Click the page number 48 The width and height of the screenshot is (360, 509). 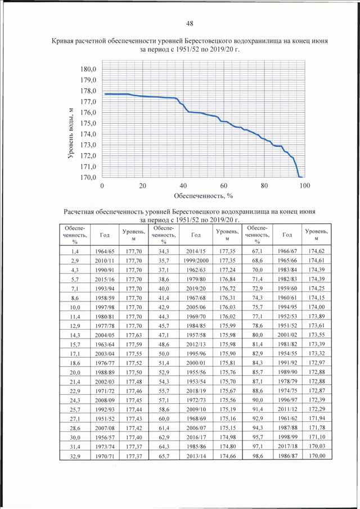(x=190, y=24)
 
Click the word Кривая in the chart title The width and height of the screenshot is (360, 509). (x=62, y=41)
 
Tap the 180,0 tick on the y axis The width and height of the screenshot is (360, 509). (x=88, y=69)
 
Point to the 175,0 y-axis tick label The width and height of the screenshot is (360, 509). (x=88, y=123)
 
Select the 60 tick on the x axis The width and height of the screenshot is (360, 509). (x=223, y=186)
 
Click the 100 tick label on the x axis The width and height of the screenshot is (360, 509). (x=304, y=186)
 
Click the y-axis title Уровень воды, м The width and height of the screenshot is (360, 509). (x=70, y=133)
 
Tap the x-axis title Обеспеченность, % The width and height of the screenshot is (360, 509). (x=204, y=196)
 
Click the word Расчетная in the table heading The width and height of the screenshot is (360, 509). (x=79, y=212)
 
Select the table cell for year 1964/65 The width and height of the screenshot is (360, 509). (x=105, y=251)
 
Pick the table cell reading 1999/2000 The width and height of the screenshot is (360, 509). (x=196, y=260)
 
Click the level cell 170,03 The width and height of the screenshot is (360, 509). (x=317, y=447)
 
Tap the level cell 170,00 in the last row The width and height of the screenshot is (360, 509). (x=317, y=456)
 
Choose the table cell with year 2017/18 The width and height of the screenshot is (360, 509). (x=287, y=447)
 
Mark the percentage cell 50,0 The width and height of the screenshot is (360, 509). (x=164, y=354)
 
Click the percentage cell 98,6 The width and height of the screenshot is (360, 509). (x=258, y=456)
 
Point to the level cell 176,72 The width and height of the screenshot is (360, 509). (x=228, y=289)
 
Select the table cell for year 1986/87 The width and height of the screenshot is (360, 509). (x=287, y=456)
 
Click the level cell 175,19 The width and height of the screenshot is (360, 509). (x=228, y=409)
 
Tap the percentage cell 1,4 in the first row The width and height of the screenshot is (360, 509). (x=75, y=251)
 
